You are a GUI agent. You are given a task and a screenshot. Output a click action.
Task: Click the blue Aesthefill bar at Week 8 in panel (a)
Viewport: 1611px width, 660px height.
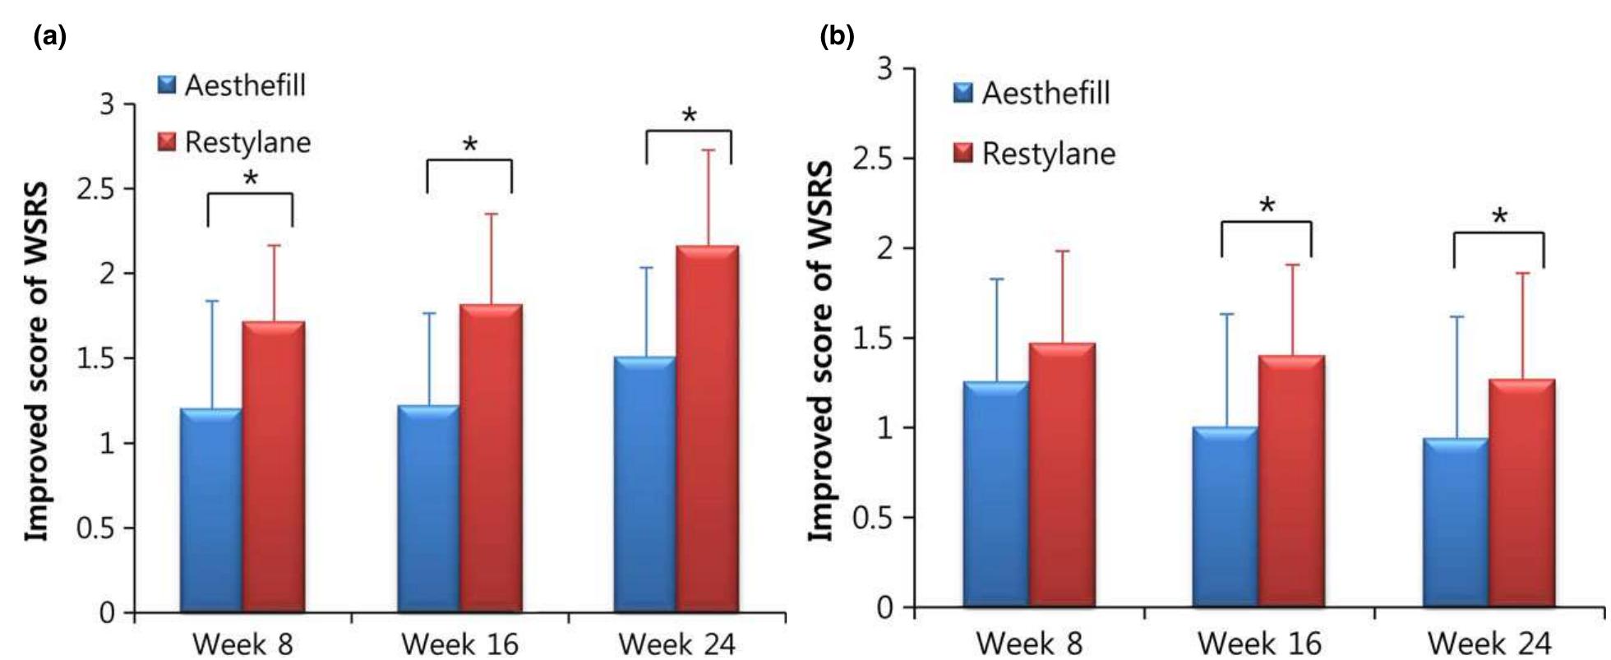click(211, 510)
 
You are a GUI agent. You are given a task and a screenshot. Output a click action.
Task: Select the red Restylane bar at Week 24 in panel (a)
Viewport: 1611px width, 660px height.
click(707, 427)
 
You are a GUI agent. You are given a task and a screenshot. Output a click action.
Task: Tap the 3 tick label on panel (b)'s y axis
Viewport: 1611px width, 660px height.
click(884, 69)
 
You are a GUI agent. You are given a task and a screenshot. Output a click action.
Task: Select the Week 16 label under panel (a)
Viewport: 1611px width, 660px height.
click(460, 643)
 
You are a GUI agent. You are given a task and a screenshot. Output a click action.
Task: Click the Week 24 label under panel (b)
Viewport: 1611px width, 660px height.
click(1492, 642)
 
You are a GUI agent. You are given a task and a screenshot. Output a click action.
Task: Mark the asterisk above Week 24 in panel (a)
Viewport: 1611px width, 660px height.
click(689, 116)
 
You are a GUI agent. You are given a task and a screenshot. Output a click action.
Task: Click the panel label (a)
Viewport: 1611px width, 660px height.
click(49, 36)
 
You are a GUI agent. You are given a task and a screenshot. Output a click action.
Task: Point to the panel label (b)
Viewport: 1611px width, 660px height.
click(838, 36)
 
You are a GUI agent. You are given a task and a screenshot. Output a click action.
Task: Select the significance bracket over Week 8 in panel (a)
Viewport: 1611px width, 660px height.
click(250, 195)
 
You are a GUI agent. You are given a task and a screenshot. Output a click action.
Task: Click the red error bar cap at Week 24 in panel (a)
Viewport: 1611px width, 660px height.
click(708, 150)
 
